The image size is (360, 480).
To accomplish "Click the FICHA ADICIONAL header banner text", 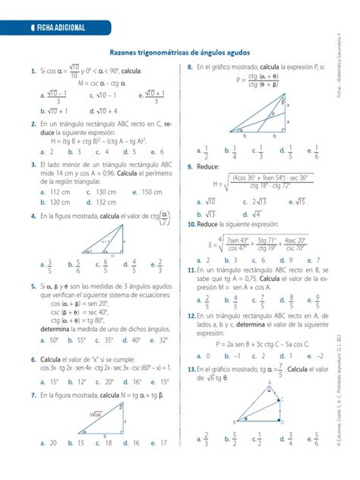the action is click(x=57, y=28).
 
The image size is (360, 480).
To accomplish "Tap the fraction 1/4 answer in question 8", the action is click(x=235, y=152).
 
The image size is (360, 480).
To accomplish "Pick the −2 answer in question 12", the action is click(x=324, y=355).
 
